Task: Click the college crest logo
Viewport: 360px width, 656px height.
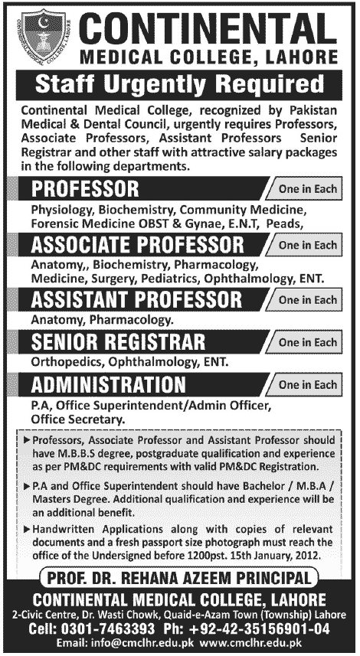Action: pos(41,35)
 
